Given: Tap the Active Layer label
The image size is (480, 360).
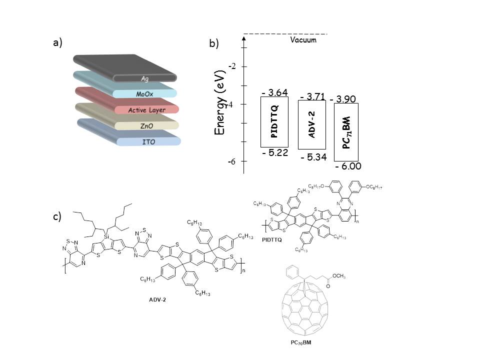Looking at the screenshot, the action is pos(146,110).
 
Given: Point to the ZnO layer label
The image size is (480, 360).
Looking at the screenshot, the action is pos(146,126).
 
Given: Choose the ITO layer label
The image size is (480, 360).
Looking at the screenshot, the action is pos(148,142).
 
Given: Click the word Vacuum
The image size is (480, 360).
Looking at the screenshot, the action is pos(303,40).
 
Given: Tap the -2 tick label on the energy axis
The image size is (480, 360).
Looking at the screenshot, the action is pos(232,66).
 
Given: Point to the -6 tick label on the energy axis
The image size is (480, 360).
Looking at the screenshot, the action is pos(232,161).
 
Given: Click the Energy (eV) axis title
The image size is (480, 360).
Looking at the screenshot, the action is pos(218,102).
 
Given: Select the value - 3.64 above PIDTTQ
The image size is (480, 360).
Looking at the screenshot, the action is pos(274,92).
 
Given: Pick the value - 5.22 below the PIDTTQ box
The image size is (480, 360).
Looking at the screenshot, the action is pos(275,153).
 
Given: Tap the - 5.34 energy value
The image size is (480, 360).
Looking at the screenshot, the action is pos(313,157).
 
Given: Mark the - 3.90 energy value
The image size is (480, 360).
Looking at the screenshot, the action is pos(343,99).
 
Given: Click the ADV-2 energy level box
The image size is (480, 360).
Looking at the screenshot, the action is pos(311,125).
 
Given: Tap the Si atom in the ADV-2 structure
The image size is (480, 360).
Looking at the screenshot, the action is pos(106,235).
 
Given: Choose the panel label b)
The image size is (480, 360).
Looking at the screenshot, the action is pos(214,44).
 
